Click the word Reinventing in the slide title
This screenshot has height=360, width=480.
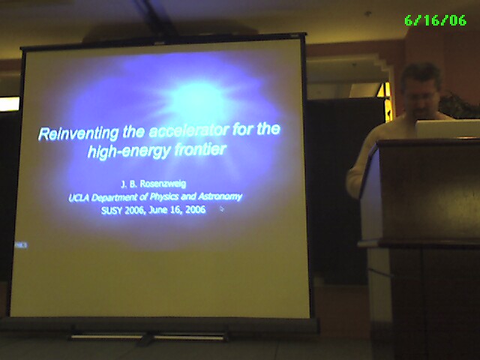click(78, 133)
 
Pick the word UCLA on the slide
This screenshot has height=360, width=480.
click(79, 198)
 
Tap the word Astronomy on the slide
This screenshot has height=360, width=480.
click(220, 196)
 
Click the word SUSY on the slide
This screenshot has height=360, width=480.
click(112, 211)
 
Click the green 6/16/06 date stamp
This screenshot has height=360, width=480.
click(435, 20)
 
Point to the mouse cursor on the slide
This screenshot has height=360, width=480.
click(222, 208)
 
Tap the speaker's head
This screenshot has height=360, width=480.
click(421, 88)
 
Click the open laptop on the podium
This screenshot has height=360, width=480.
click(448, 129)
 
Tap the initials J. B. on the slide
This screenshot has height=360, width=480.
click(129, 184)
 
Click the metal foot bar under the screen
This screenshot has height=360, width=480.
click(149, 337)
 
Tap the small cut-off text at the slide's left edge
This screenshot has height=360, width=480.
click(21, 245)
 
